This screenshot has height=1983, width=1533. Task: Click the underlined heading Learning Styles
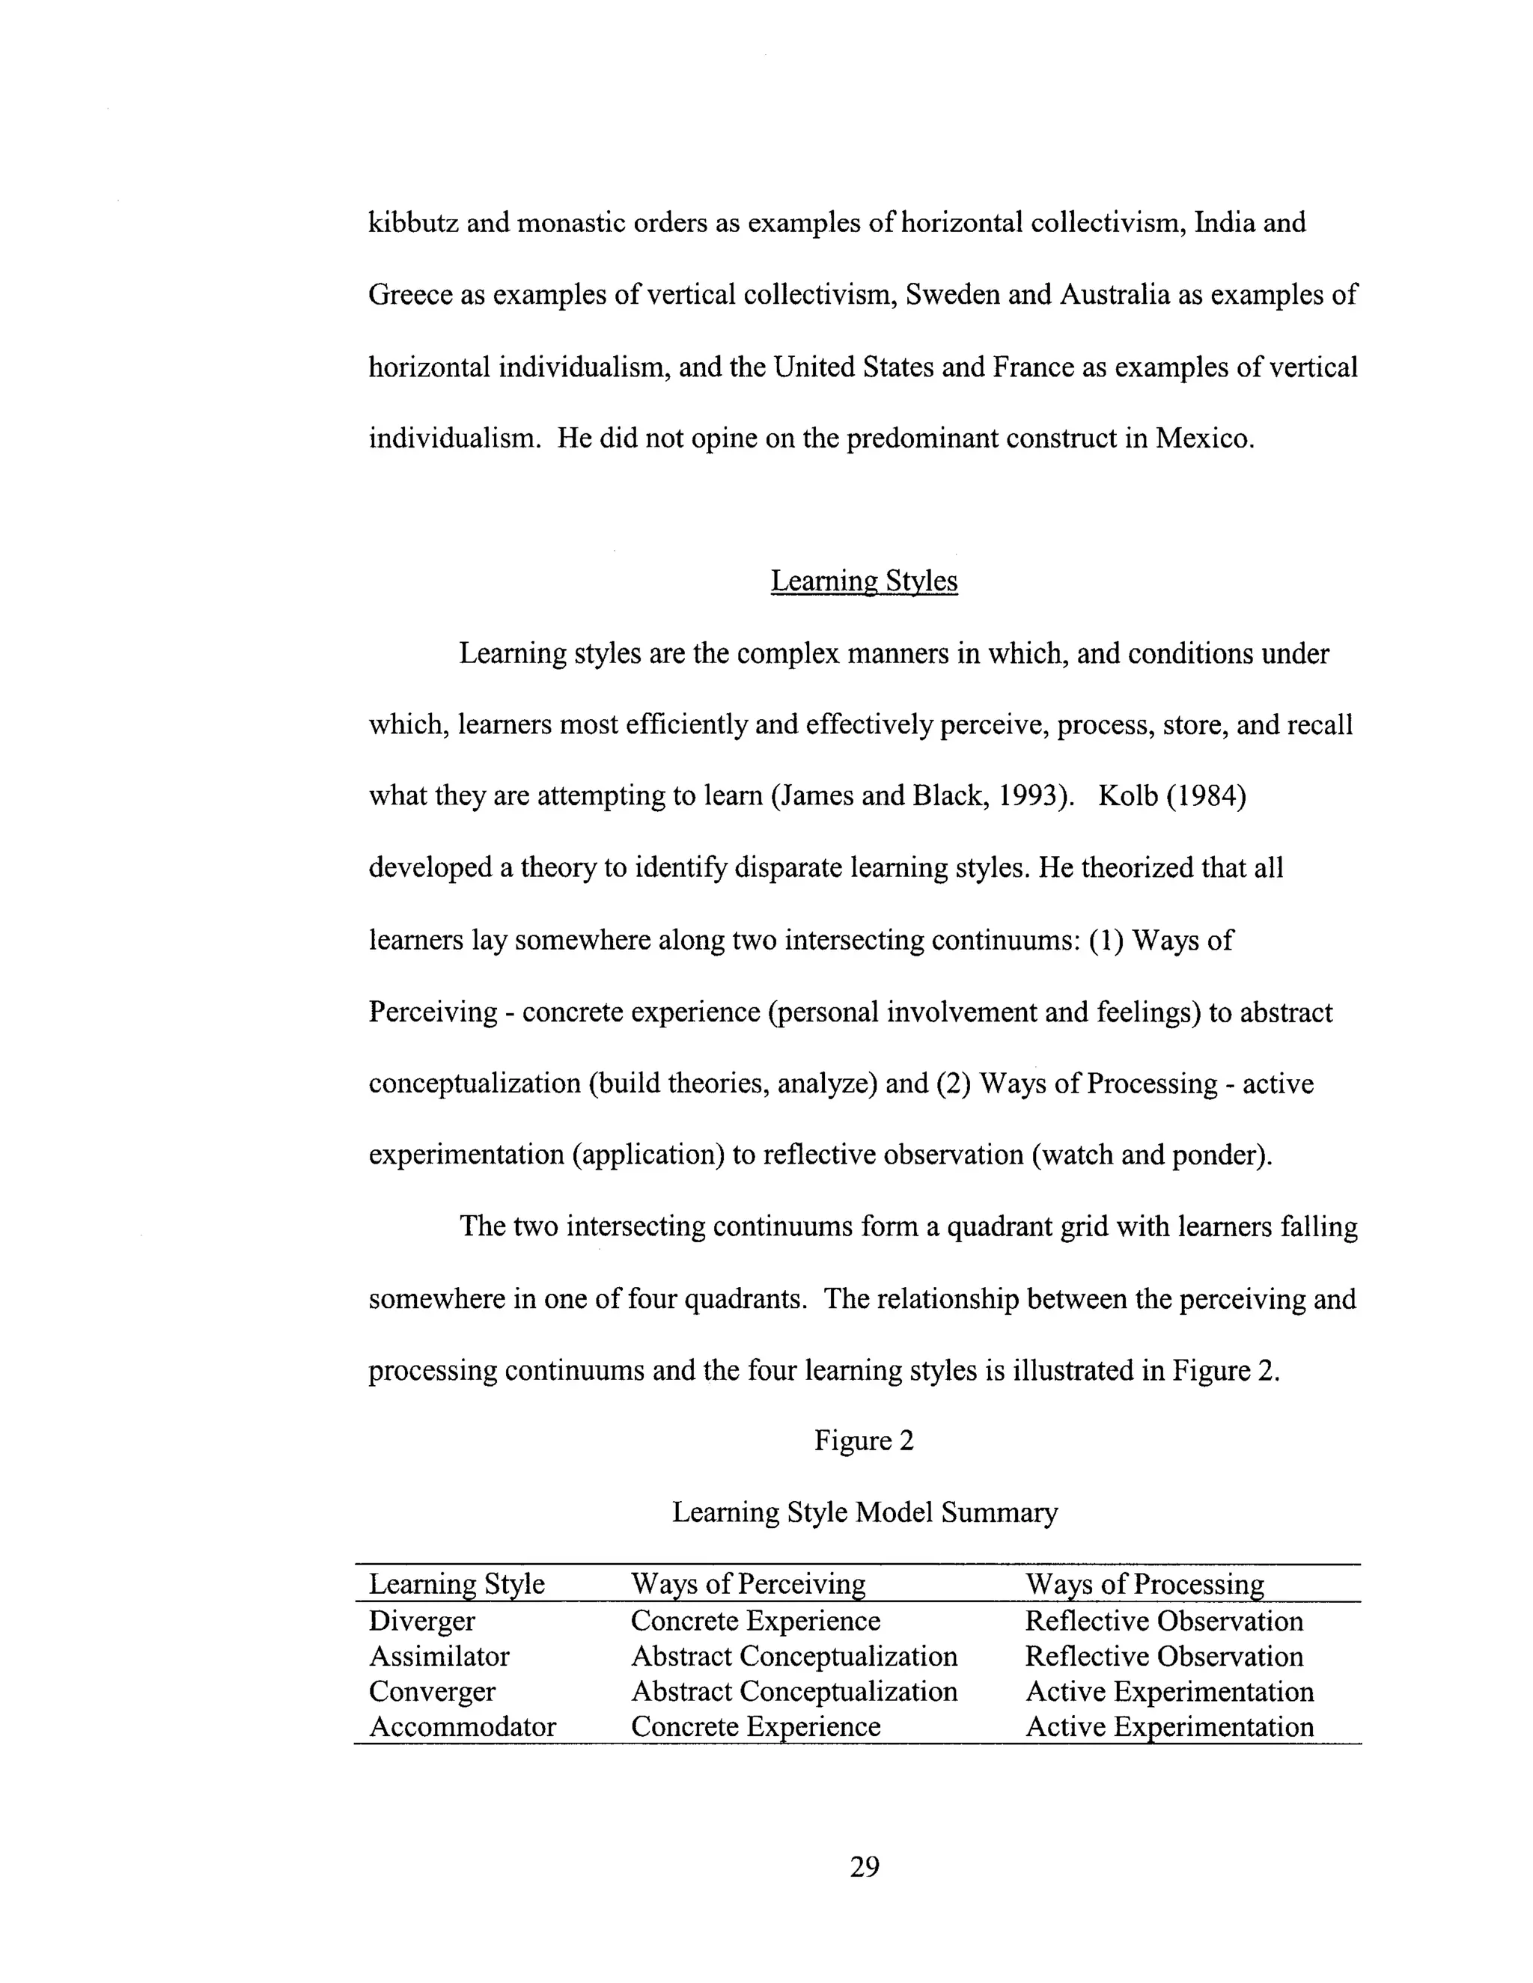pyautogui.click(x=864, y=581)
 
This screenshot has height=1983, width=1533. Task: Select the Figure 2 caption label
pyautogui.click(x=864, y=1441)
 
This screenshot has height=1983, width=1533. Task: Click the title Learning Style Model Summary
pyautogui.click(x=864, y=1512)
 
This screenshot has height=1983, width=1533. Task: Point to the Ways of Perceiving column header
pyautogui.click(x=748, y=1584)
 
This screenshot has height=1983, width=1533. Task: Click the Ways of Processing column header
pyautogui.click(x=1145, y=1584)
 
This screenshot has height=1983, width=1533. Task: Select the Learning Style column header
pyautogui.click(x=456, y=1584)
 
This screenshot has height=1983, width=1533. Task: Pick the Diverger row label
pyautogui.click(x=421, y=1622)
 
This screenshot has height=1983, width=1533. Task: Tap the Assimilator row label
pyautogui.click(x=439, y=1657)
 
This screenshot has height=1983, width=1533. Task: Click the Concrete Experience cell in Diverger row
pyautogui.click(x=755, y=1622)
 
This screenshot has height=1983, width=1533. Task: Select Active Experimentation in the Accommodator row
pyautogui.click(x=1168, y=1727)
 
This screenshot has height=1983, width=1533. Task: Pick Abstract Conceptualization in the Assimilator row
pyautogui.click(x=793, y=1657)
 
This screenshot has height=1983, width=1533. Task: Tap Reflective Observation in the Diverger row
pyautogui.click(x=1163, y=1622)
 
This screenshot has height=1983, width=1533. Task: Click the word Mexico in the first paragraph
pyautogui.click(x=1204, y=439)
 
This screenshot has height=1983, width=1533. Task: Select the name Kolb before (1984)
pyautogui.click(x=1127, y=796)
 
